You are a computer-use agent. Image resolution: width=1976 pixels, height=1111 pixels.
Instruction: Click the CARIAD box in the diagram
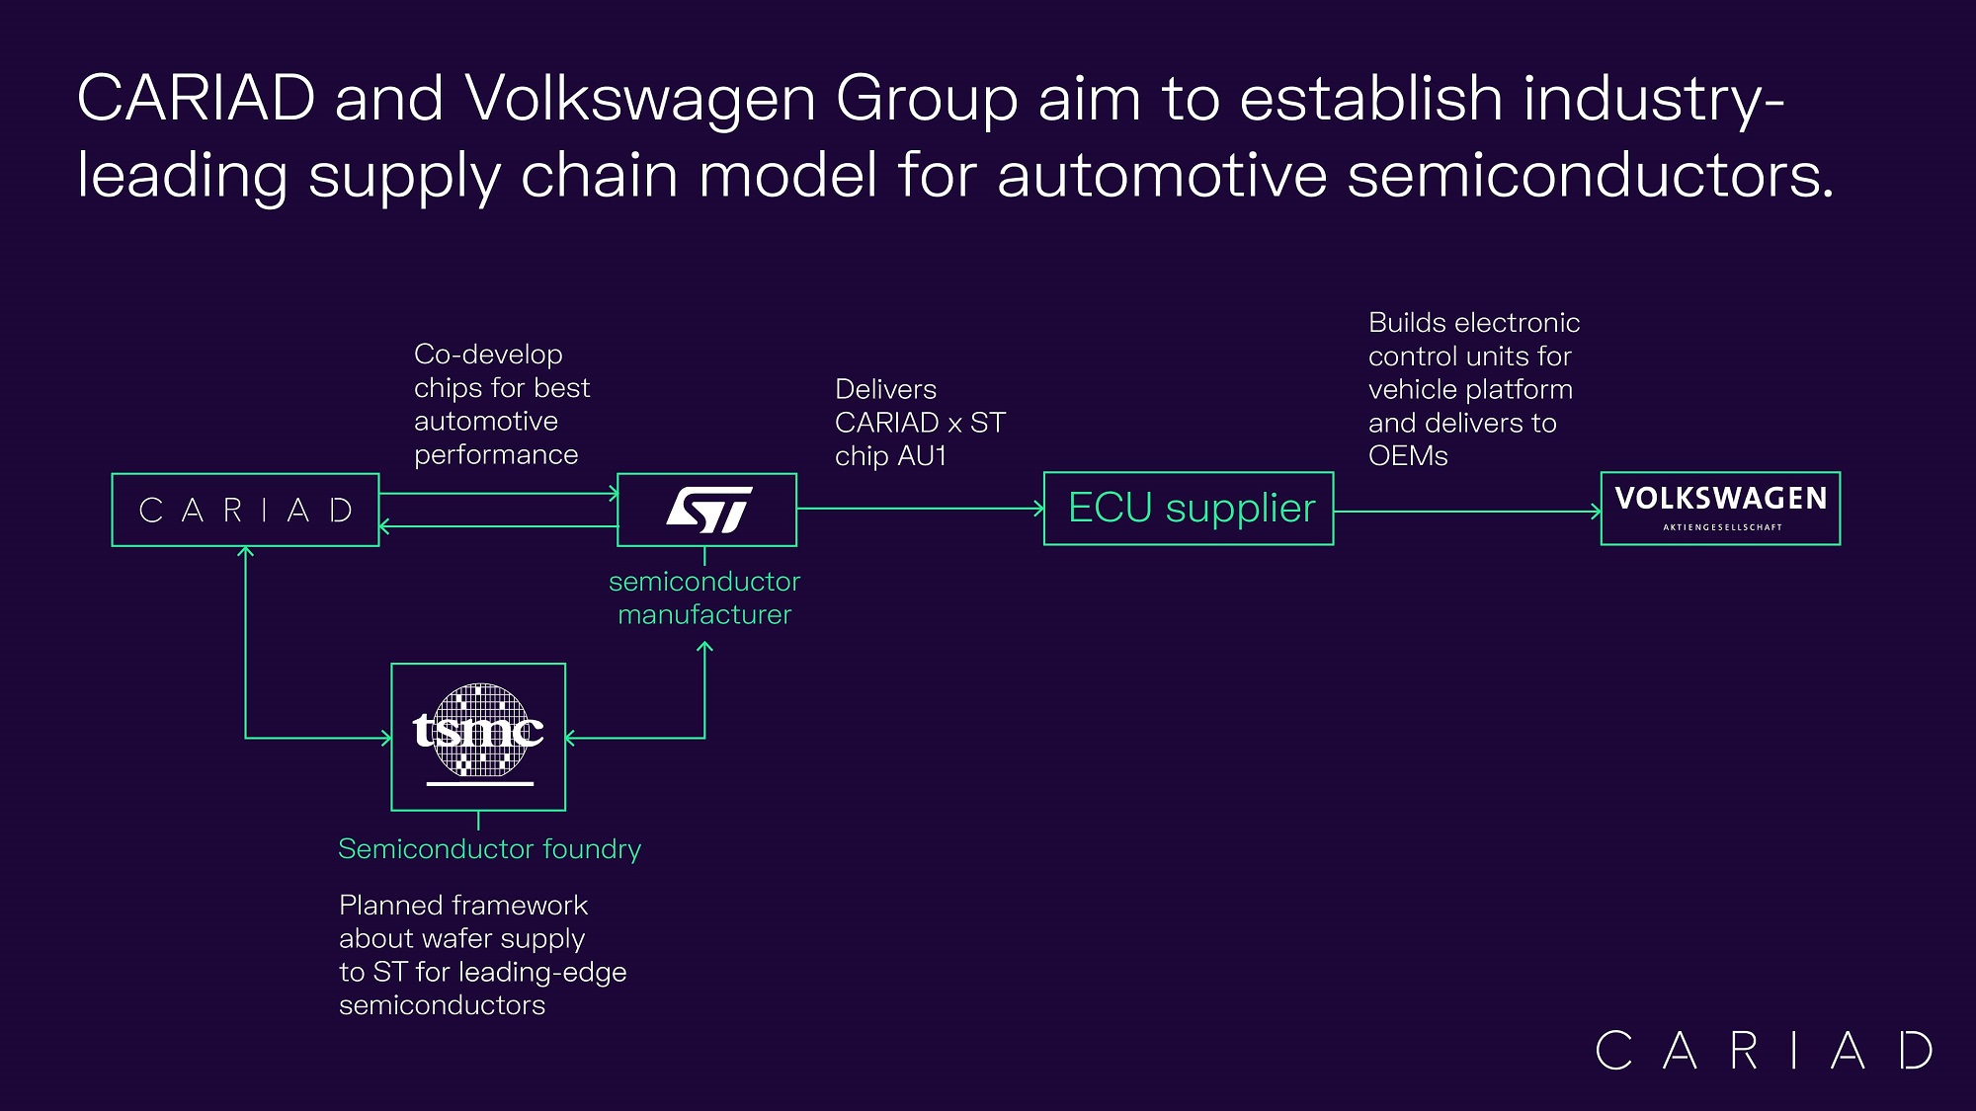pyautogui.click(x=245, y=510)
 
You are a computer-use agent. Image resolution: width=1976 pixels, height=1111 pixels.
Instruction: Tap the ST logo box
pyautogui.click(x=706, y=510)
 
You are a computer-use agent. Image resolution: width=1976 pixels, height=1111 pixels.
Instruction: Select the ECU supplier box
pyautogui.click(x=1189, y=509)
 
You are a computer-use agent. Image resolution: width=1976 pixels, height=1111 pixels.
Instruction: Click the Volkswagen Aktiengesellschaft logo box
pyautogui.click(x=1720, y=509)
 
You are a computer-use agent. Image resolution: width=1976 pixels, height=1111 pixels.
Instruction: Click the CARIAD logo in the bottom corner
pyautogui.click(x=1764, y=1050)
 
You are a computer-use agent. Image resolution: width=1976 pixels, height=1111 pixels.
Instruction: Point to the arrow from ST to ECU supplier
pyautogui.click(x=919, y=509)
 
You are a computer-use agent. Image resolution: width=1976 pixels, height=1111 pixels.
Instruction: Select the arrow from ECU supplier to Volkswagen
pyautogui.click(x=1467, y=512)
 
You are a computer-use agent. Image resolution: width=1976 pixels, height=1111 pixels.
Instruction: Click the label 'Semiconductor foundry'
pyautogui.click(x=489, y=849)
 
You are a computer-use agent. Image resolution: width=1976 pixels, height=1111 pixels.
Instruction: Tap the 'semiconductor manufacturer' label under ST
pyautogui.click(x=704, y=597)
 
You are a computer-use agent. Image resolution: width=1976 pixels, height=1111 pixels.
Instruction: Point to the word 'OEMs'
pyautogui.click(x=1408, y=456)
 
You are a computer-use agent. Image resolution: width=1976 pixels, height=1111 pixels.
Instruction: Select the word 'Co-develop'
pyautogui.click(x=488, y=354)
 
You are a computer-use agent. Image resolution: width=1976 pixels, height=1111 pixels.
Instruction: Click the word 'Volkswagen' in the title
pyautogui.click(x=640, y=99)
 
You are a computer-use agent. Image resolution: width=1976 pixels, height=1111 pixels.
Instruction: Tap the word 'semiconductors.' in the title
pyautogui.click(x=1591, y=176)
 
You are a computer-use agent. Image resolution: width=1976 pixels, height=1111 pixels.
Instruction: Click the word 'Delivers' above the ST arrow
pyautogui.click(x=885, y=389)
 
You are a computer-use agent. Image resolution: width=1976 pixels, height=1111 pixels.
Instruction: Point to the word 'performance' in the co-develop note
pyautogui.click(x=496, y=455)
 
